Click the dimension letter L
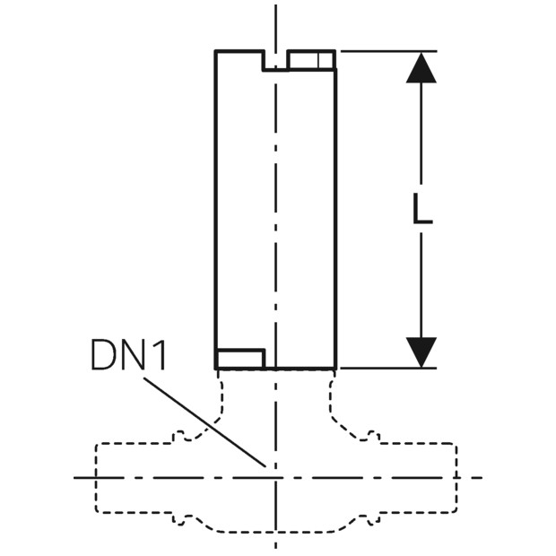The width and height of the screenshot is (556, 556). point(422,209)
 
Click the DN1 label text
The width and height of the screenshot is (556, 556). point(128,354)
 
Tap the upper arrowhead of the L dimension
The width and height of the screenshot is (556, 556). point(421,68)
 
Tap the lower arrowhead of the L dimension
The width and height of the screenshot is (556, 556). point(421,352)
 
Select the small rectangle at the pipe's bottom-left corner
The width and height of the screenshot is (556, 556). point(240,359)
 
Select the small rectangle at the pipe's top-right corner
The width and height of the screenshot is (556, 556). point(311,59)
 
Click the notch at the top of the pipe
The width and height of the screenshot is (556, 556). point(275,61)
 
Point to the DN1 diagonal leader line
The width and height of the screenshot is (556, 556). point(204,422)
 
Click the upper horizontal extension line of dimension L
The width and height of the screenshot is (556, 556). point(389,52)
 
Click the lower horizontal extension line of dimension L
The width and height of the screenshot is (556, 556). point(388,369)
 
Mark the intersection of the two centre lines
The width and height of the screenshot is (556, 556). point(276,478)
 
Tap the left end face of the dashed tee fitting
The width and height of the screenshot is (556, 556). point(96,478)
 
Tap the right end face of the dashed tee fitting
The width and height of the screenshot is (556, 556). point(456,478)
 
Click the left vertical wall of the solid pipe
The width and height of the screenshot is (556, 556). point(215,210)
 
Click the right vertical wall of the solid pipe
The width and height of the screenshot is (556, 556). point(335,219)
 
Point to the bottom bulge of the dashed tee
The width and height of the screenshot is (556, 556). point(276,532)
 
